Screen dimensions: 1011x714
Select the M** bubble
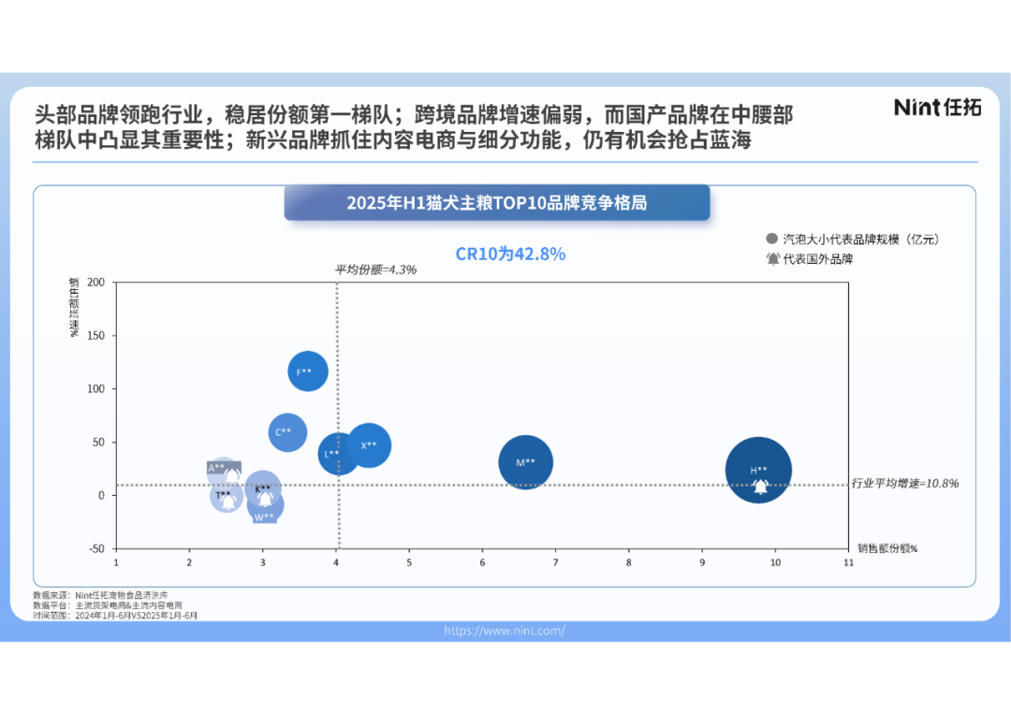click(x=525, y=461)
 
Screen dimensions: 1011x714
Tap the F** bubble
click(x=308, y=372)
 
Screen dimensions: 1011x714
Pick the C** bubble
click(x=287, y=431)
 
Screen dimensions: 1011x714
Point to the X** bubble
click(x=369, y=445)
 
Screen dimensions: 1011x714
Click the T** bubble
click(x=225, y=496)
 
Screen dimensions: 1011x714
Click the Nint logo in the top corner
click(x=937, y=107)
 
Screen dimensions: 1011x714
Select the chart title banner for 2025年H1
click(x=496, y=202)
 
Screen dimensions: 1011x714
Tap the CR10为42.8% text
click(x=510, y=254)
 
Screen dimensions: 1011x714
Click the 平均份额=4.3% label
click(x=375, y=270)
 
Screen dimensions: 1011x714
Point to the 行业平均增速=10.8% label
click(x=905, y=484)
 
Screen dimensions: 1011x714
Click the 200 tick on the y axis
click(x=95, y=283)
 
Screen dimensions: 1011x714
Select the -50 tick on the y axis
click(x=96, y=549)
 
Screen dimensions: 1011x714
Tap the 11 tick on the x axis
click(x=848, y=563)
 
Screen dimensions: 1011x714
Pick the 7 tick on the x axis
click(x=555, y=563)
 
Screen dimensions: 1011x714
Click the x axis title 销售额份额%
click(x=886, y=548)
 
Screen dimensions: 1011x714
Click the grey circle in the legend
click(x=771, y=240)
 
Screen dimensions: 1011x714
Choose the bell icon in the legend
click(x=772, y=259)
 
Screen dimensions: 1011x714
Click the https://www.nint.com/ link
click(x=505, y=631)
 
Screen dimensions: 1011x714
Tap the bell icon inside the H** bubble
click(x=761, y=487)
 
